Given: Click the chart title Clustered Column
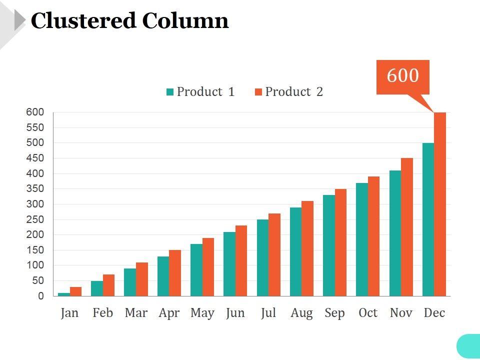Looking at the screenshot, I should (x=129, y=21).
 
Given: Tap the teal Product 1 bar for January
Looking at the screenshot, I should (x=64, y=294).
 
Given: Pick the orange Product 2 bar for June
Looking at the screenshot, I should (x=241, y=260).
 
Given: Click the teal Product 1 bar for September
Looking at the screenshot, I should (x=329, y=245).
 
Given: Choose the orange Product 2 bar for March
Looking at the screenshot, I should (x=142, y=279).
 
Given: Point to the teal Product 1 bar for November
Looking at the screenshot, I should (x=395, y=233).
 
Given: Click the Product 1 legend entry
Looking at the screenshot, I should (x=200, y=92).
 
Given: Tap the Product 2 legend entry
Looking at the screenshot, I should (x=289, y=92).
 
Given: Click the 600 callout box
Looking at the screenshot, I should (x=402, y=76).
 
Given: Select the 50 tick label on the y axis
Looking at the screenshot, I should (x=38, y=281).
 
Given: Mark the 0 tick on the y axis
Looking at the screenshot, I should (x=41, y=296).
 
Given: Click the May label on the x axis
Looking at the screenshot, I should (x=202, y=313).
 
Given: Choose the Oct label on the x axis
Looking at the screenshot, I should (x=368, y=313).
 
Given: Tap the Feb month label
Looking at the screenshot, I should (x=102, y=313).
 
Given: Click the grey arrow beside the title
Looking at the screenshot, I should (x=19, y=20).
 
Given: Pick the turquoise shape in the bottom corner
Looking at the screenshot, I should (x=469, y=346).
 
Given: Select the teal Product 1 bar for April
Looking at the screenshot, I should (x=163, y=276).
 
